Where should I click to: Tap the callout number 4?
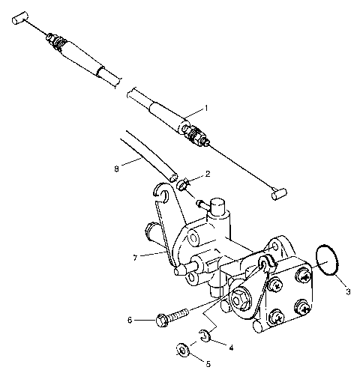(230, 347)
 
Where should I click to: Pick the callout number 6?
(130, 320)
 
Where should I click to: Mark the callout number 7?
(135, 257)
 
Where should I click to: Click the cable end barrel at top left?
(24, 16)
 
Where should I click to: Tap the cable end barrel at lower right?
(278, 193)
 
